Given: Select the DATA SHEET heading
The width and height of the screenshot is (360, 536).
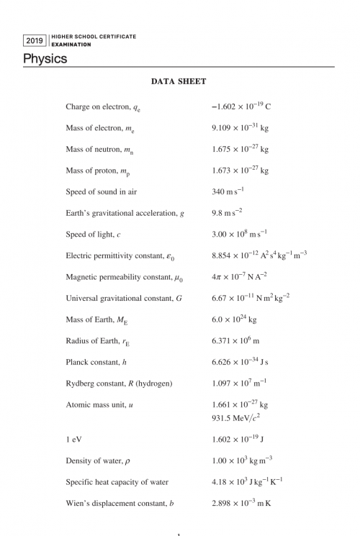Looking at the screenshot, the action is [x=179, y=82].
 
